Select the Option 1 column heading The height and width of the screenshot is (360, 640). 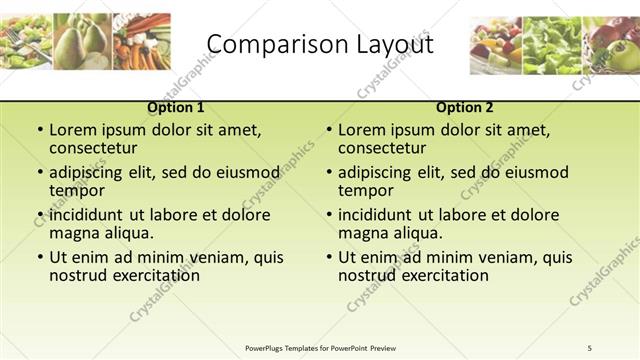(x=176, y=107)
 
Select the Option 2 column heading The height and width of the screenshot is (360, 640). (x=465, y=107)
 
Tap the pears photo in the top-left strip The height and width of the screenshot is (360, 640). (x=84, y=41)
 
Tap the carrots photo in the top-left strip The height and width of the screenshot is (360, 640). (x=142, y=41)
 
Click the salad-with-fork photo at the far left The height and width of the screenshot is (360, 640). (x=27, y=41)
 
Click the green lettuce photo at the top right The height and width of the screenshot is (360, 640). (x=552, y=45)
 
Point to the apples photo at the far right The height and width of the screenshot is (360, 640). (x=611, y=45)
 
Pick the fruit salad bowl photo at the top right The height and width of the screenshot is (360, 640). (x=497, y=45)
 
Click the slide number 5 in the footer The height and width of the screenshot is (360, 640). (x=590, y=347)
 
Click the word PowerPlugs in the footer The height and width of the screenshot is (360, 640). (x=267, y=347)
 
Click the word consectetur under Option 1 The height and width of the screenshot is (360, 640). (x=93, y=148)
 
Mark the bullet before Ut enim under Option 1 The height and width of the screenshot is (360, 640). (x=39, y=258)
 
